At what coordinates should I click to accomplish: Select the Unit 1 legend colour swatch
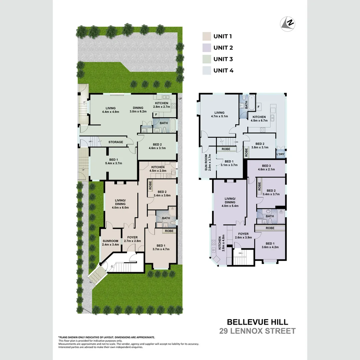click(x=207, y=36)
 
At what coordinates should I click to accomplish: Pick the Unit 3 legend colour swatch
click(x=207, y=59)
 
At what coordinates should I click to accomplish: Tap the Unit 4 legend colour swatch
click(x=207, y=70)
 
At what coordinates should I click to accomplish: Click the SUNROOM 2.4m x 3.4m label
click(x=110, y=243)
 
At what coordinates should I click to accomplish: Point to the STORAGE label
click(x=116, y=142)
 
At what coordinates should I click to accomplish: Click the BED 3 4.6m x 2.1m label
click(x=266, y=168)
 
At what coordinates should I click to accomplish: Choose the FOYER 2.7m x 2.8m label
click(x=133, y=239)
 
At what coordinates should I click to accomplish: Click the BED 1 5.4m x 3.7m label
click(x=113, y=161)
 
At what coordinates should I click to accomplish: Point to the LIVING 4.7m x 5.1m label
click(x=219, y=115)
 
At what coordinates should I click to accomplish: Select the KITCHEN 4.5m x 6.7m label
click(x=259, y=119)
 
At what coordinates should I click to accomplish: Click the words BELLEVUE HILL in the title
click(x=257, y=322)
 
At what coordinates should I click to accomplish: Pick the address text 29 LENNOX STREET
click(x=257, y=331)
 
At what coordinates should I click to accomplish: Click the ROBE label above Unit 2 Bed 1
click(x=270, y=228)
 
